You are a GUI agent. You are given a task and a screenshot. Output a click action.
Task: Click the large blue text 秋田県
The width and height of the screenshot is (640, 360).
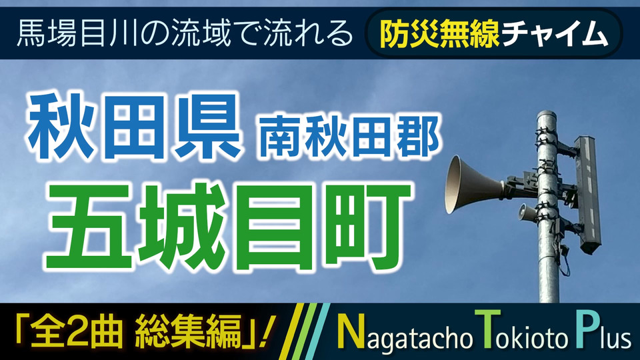(134, 127)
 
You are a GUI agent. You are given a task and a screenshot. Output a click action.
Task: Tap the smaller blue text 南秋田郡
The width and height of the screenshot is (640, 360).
(349, 136)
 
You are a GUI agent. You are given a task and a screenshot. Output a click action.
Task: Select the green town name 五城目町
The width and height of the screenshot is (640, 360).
(229, 227)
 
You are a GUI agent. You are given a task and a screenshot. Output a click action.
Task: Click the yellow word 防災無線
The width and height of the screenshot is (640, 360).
(439, 33)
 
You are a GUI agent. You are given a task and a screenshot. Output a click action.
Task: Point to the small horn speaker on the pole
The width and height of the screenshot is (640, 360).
(527, 212)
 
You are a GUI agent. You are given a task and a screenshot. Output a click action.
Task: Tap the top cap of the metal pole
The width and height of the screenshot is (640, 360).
(547, 114)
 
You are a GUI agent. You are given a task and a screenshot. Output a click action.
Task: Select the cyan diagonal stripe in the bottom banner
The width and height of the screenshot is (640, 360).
(317, 331)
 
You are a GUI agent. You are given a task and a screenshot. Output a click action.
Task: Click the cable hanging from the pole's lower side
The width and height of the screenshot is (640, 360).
(565, 261)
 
